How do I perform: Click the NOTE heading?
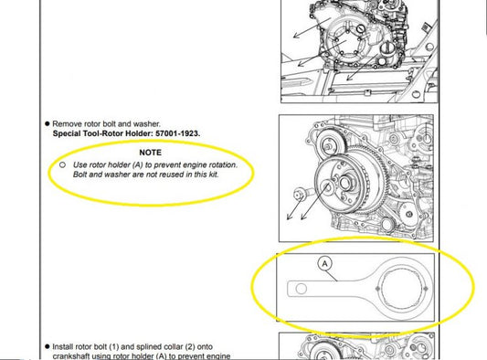point(151,153)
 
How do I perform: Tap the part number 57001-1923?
point(177,133)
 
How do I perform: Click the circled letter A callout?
point(325,264)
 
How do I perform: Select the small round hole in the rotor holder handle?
point(301,289)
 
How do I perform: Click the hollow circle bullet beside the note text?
point(62,164)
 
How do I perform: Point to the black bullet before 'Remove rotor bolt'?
point(48,123)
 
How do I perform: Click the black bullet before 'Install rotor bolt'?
point(48,346)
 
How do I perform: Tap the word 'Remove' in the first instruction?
point(65,123)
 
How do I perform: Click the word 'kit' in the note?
point(213,175)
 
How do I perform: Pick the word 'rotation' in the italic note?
point(223,164)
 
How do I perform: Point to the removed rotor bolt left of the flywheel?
point(300,194)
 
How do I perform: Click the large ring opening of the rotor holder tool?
point(402,289)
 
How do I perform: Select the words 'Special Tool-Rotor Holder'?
point(103,133)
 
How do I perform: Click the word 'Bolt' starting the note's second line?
point(79,175)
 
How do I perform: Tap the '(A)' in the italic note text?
point(138,164)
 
